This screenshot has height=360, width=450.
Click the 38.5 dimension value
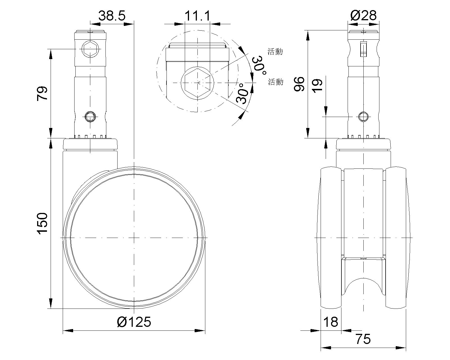[x=112, y=16]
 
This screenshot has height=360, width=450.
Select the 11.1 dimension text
[x=197, y=16]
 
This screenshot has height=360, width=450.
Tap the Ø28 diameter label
[x=363, y=15]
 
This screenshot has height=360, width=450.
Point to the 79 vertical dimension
[x=42, y=93]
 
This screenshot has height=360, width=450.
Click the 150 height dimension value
[x=42, y=223]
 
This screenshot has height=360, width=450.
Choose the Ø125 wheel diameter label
[x=134, y=322]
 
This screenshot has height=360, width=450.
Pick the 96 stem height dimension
[x=299, y=84]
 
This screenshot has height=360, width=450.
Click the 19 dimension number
[x=317, y=86]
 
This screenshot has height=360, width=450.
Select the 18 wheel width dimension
[x=330, y=322]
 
